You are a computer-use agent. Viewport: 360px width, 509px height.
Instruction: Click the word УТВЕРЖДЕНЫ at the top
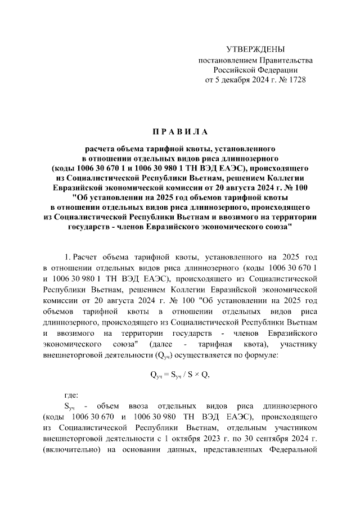click(x=255, y=49)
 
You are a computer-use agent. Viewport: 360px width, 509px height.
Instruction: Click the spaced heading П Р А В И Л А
click(x=179, y=132)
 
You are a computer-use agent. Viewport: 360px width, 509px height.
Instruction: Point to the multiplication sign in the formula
click(x=198, y=375)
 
